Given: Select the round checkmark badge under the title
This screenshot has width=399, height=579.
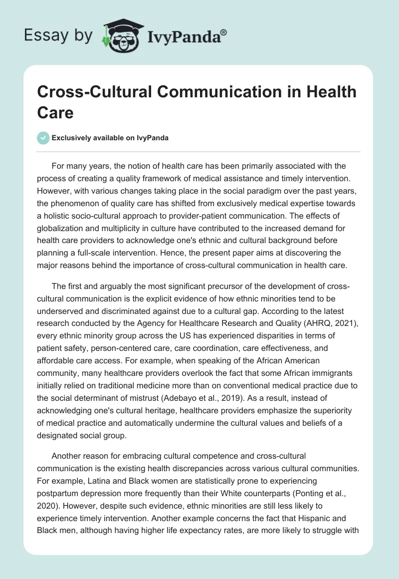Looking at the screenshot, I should click(43, 138).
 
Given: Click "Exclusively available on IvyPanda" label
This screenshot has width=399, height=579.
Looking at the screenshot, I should click(110, 138).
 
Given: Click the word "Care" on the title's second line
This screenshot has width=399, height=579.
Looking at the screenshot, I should click(55, 112).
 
